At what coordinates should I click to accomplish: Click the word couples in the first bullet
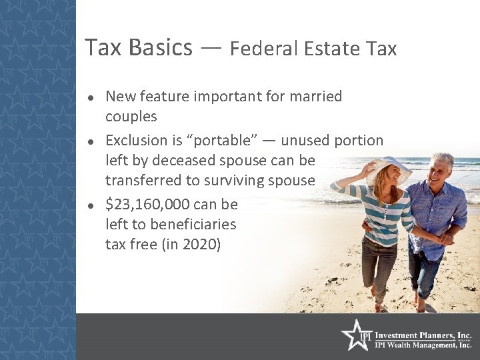131,117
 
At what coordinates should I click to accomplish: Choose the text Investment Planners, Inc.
423,335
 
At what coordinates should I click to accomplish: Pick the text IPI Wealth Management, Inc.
423,345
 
